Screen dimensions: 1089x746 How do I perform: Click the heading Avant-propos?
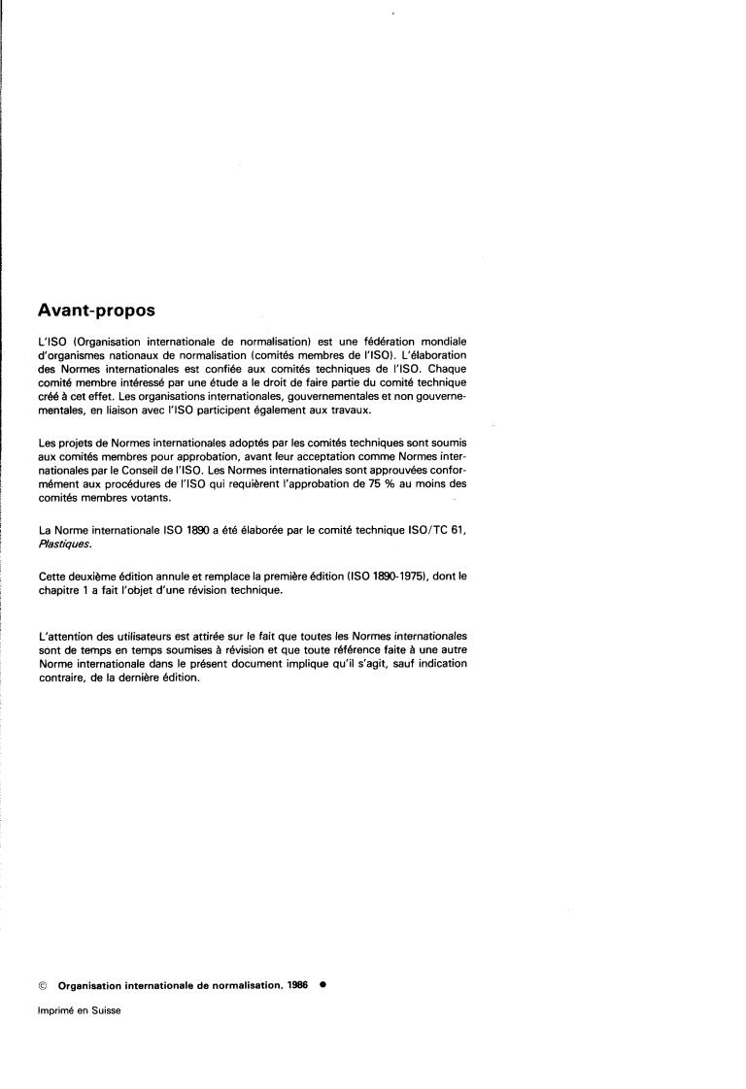[96, 312]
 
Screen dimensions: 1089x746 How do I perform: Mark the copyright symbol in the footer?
[43, 984]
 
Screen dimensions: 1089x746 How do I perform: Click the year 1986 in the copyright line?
[296, 984]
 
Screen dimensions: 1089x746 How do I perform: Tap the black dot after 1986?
[322, 983]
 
